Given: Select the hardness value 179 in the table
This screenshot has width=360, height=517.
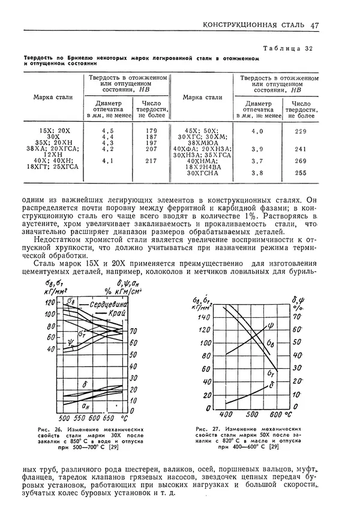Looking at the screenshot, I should (x=151, y=130).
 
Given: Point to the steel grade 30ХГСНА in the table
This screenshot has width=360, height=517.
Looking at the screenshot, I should (x=202, y=173).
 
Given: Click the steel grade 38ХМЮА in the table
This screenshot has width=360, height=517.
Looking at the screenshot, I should (x=202, y=143).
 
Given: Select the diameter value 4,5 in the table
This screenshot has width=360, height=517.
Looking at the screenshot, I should (x=108, y=130).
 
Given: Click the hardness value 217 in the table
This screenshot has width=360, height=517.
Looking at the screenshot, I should (x=151, y=161).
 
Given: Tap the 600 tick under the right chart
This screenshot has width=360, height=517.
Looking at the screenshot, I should (x=275, y=414).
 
